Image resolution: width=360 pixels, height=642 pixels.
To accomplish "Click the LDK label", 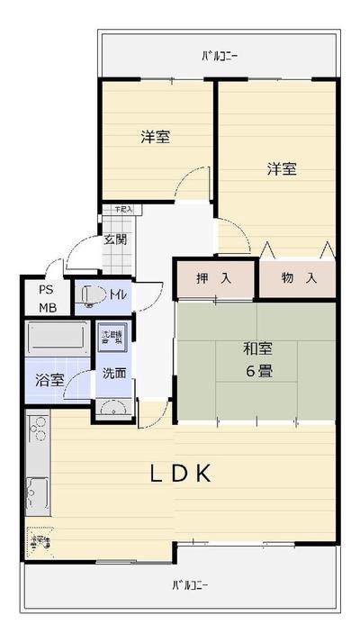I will pos(180,474).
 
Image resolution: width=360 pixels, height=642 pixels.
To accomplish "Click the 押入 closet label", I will pos(214,278).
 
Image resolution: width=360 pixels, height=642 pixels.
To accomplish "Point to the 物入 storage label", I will pos(298,278).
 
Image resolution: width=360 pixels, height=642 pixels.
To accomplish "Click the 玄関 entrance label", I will pos(114,240).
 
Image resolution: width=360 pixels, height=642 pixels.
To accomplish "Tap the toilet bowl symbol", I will pos(91,295).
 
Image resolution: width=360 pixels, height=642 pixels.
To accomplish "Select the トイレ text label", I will pos(117,294).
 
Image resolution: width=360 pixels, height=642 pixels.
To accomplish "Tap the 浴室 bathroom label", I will pos(49,379).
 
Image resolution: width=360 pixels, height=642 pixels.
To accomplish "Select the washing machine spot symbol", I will pos(113,339).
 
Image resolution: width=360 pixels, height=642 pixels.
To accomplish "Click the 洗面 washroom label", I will pos(113,373).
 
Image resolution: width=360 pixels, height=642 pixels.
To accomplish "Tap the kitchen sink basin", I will pos(37,493).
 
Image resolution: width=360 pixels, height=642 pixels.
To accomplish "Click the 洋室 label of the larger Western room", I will pos(281,168).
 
